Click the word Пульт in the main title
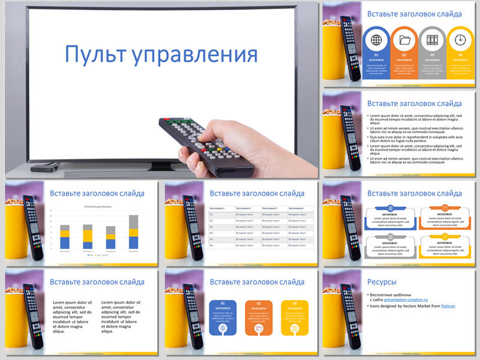coord(95,55)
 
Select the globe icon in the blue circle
coord(377,40)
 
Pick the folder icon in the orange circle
coord(404,40)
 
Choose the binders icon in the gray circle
coord(432,40)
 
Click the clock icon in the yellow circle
coord(460,40)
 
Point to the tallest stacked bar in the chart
coord(133,232)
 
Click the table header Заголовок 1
coord(217,208)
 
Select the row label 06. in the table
coord(211,245)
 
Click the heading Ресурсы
coord(382,281)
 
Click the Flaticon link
coord(448,306)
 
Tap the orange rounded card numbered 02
coord(259,317)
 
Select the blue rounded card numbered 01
coord(223,317)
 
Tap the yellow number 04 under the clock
coord(460,55)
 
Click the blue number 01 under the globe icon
coord(377,55)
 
